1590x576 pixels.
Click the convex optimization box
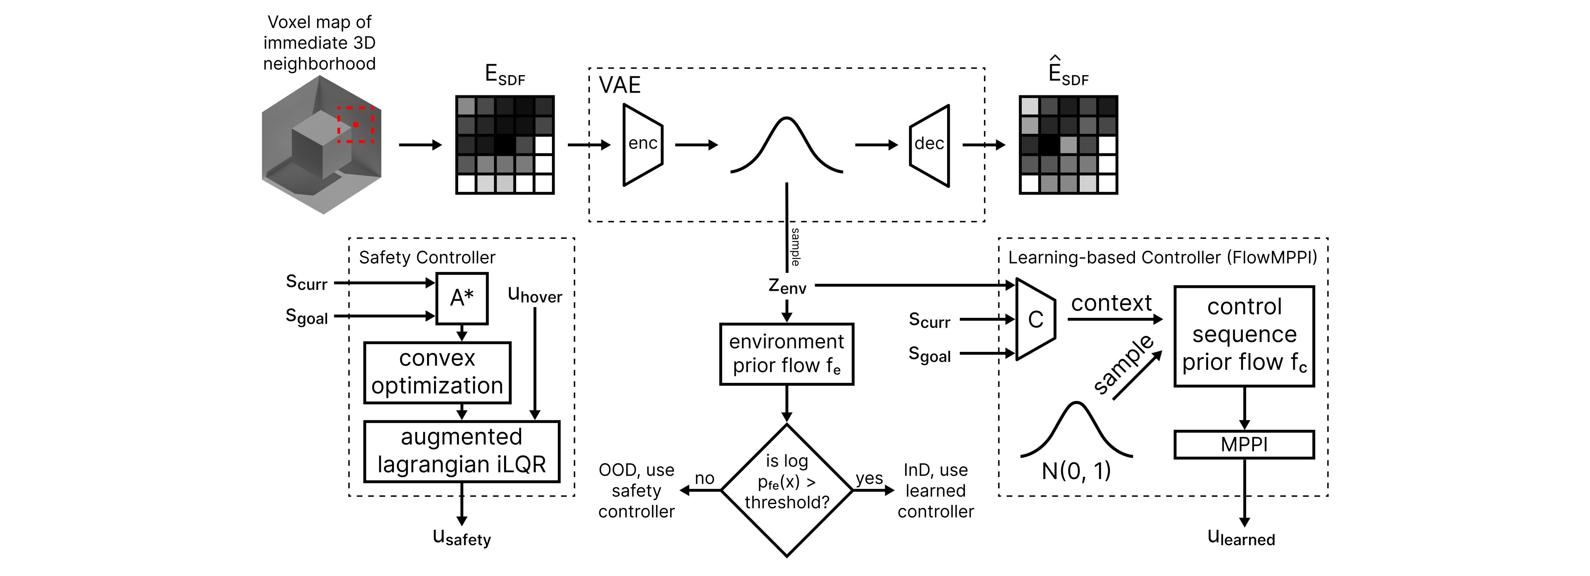click(437, 372)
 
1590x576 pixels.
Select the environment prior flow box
click(786, 354)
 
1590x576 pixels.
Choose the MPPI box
click(1244, 444)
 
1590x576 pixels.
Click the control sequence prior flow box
click(1244, 336)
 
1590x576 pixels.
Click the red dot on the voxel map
click(355, 125)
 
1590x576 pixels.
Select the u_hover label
click(534, 295)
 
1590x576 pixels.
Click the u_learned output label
click(1241, 538)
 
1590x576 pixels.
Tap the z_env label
click(787, 286)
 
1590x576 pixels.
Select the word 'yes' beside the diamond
click(869, 478)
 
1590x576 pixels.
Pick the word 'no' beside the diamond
click(704, 478)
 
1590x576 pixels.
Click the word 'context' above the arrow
click(1111, 303)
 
